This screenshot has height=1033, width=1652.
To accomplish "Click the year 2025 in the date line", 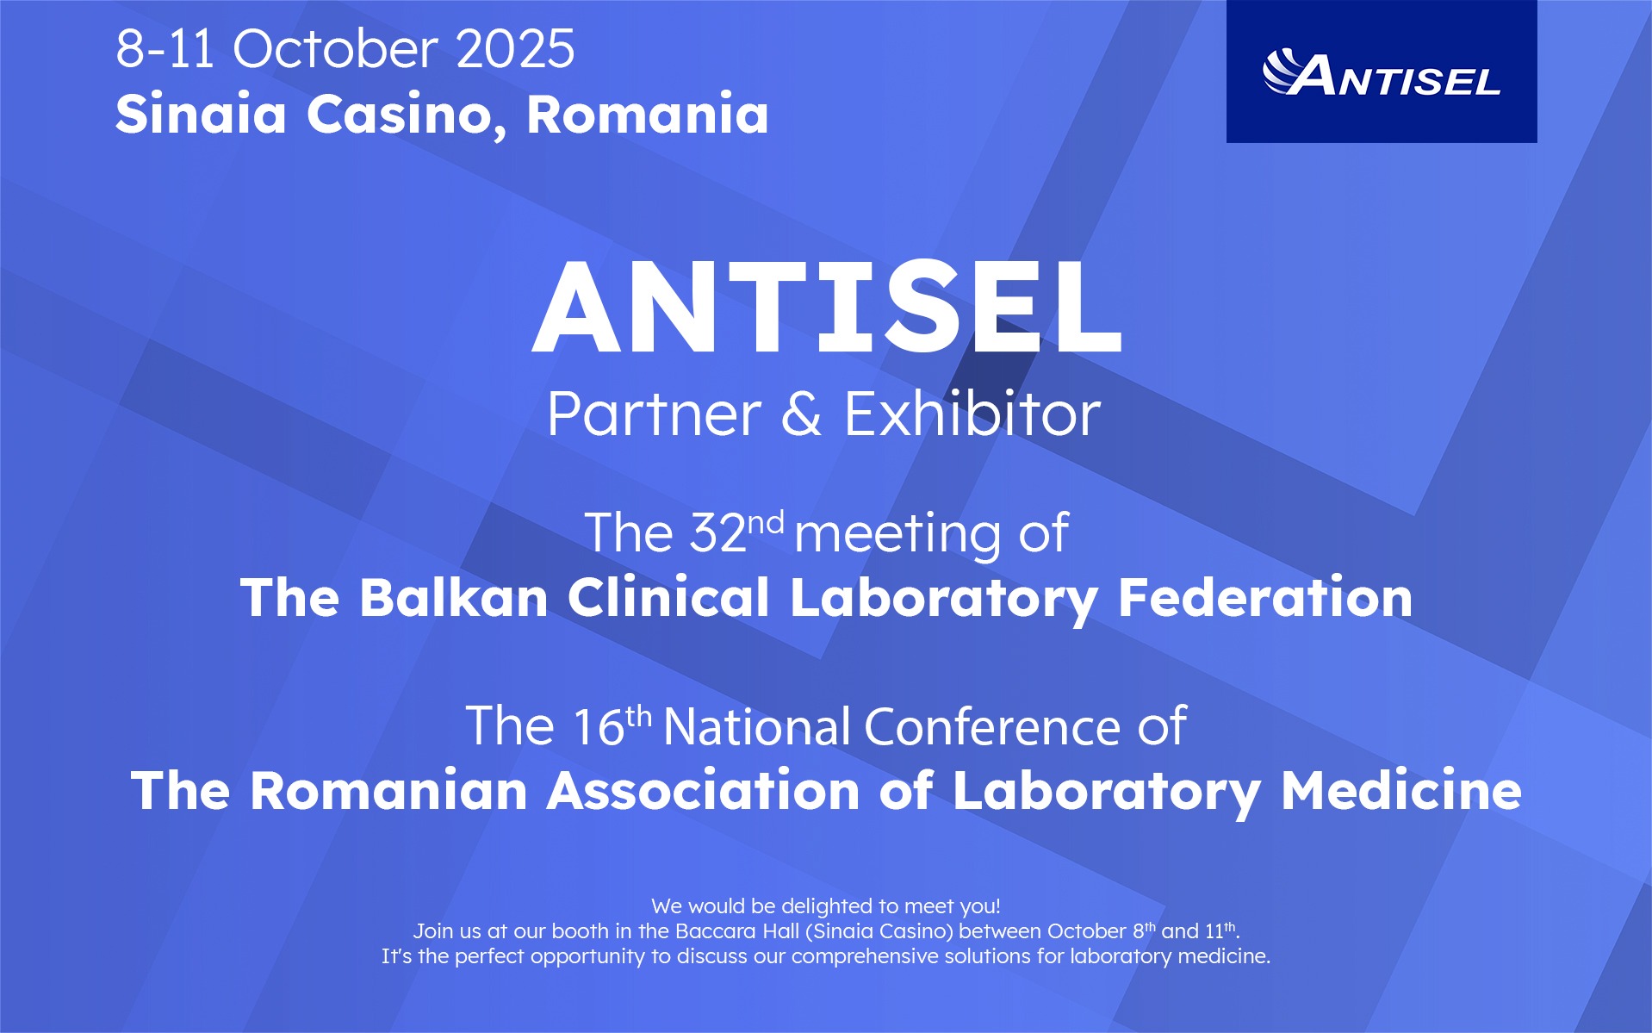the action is click(x=515, y=48).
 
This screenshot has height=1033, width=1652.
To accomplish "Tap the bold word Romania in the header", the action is click(x=647, y=114).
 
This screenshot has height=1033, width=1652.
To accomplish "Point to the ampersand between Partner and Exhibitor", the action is click(x=802, y=414).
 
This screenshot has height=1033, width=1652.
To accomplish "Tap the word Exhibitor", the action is click(x=972, y=414).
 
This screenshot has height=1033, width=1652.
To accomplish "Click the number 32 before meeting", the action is click(x=718, y=532).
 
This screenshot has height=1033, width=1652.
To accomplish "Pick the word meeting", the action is click(x=897, y=534).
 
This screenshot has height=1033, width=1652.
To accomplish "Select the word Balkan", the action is click(x=454, y=597).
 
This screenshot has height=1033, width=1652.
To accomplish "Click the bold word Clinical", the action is click(x=668, y=597).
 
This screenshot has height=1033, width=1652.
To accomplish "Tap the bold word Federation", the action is click(x=1264, y=597).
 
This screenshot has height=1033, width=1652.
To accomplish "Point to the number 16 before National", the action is click(x=598, y=725).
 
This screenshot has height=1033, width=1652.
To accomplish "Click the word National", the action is click(x=757, y=725).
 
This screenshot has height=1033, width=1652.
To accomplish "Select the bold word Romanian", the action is click(x=388, y=790).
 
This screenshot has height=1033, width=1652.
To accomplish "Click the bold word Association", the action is click(x=703, y=790).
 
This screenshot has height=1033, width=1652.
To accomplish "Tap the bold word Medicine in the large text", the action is click(x=1401, y=790).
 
